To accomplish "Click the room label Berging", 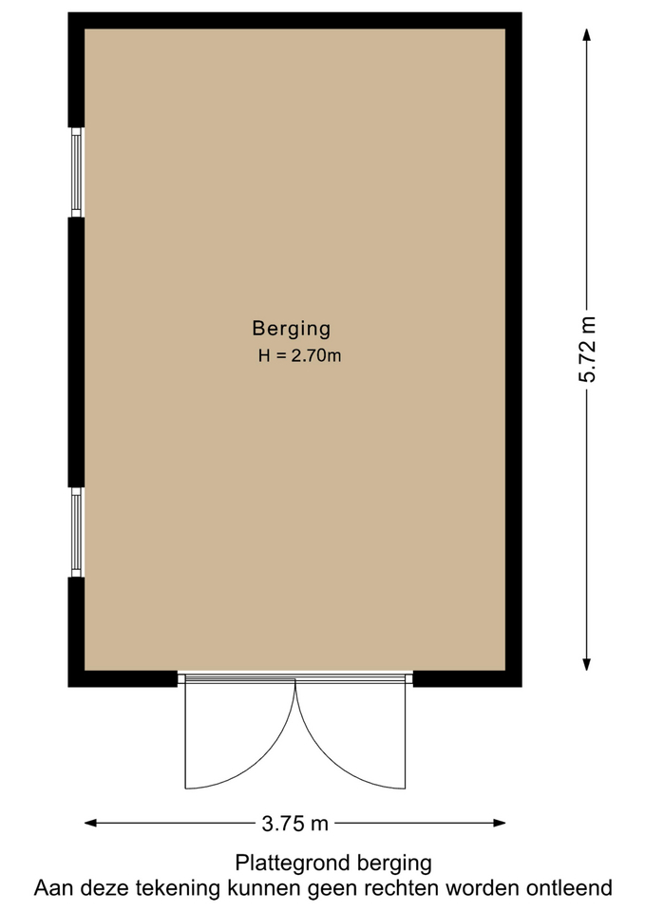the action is [292, 330].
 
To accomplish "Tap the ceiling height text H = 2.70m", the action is [299, 355].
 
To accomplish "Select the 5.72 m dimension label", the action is [587, 349].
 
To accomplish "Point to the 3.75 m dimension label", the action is [294, 824].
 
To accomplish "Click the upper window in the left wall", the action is [77, 172].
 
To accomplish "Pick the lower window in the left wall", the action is [77, 532].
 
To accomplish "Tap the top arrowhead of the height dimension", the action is [587, 35].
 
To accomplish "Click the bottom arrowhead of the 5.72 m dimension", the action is [587, 664].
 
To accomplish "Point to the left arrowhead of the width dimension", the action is [91, 823].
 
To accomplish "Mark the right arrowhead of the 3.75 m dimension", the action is [499, 823].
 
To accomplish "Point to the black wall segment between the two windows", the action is [76, 352].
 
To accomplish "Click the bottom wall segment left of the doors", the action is [123, 678].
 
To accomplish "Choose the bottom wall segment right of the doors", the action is [467, 678].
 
